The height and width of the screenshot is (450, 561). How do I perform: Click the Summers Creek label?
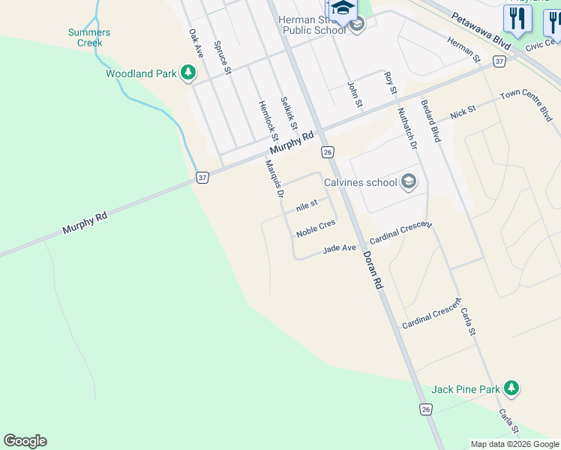point(89,37)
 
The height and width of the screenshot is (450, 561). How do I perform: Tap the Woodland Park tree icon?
point(188,73)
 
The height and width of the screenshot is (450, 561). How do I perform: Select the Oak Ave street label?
point(196,44)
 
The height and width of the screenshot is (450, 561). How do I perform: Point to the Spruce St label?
point(221,58)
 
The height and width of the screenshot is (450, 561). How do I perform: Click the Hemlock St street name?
point(268,121)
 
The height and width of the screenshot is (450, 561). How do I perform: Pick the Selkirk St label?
point(289,112)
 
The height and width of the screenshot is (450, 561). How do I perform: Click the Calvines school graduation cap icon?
point(409,181)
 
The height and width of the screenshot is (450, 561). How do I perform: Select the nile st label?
point(307,205)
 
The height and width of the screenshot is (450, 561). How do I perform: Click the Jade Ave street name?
point(339,249)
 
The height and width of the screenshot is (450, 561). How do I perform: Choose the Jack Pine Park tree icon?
point(511,388)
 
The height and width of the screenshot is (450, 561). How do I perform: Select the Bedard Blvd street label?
point(430,121)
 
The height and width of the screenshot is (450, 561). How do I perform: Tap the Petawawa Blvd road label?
point(481,30)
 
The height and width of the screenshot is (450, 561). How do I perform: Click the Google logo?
point(25,441)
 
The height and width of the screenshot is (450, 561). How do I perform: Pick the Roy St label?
point(389,82)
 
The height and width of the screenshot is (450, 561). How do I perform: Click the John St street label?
point(355,94)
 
